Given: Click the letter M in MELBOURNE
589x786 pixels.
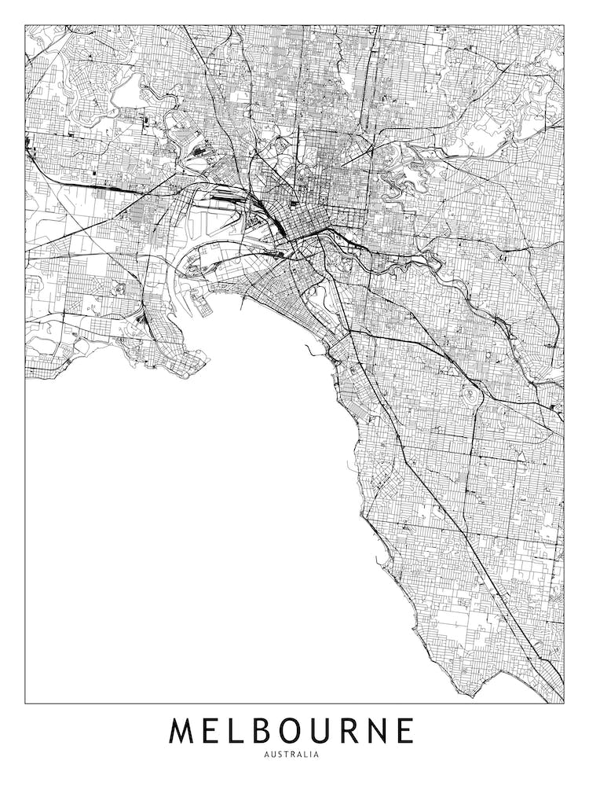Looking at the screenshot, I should (185, 731).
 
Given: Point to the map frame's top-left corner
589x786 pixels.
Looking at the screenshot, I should (25, 25).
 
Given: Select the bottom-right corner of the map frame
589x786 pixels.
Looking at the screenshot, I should (564, 703).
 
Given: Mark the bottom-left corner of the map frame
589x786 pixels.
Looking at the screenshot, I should (25, 703).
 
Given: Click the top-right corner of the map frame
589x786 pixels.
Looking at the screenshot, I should (564, 25).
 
